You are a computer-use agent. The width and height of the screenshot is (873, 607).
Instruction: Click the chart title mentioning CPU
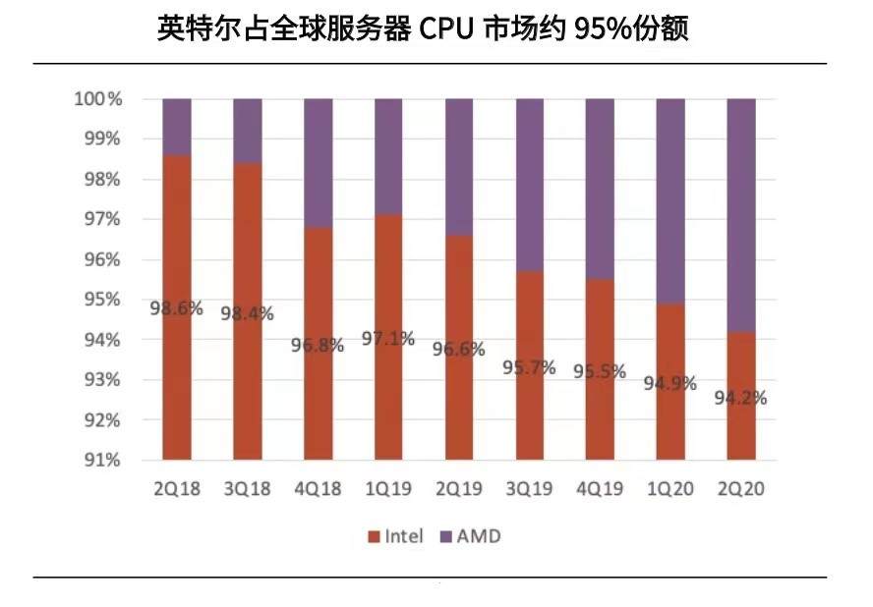(x=423, y=28)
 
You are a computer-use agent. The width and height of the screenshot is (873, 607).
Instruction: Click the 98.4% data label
(x=247, y=314)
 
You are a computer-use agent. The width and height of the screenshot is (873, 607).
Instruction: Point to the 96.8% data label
(x=318, y=346)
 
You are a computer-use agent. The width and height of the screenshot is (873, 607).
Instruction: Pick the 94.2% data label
(x=740, y=398)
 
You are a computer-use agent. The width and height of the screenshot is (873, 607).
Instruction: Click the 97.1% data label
(x=388, y=338)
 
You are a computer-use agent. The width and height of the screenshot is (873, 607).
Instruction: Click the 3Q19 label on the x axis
(x=529, y=488)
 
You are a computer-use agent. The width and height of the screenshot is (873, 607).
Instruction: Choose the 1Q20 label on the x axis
(x=670, y=488)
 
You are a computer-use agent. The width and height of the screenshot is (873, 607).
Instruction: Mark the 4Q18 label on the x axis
(x=318, y=488)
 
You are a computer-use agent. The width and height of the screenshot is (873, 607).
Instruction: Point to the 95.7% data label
(x=529, y=368)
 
